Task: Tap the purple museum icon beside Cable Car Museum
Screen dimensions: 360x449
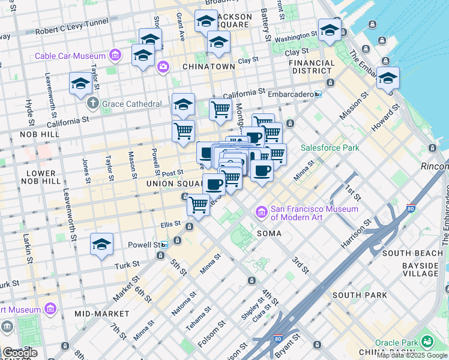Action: tap(115, 56)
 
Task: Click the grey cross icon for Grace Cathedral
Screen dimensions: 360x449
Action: tap(92, 103)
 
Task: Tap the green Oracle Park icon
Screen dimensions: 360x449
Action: tap(427, 341)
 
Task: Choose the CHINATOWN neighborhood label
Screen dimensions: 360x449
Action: tap(208, 67)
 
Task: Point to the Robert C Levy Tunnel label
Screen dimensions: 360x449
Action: tap(70, 31)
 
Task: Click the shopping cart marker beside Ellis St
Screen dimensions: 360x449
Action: tap(198, 205)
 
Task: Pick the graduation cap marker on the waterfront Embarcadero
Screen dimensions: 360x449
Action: tap(388, 79)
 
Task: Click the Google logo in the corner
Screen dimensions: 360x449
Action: tap(20, 353)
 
